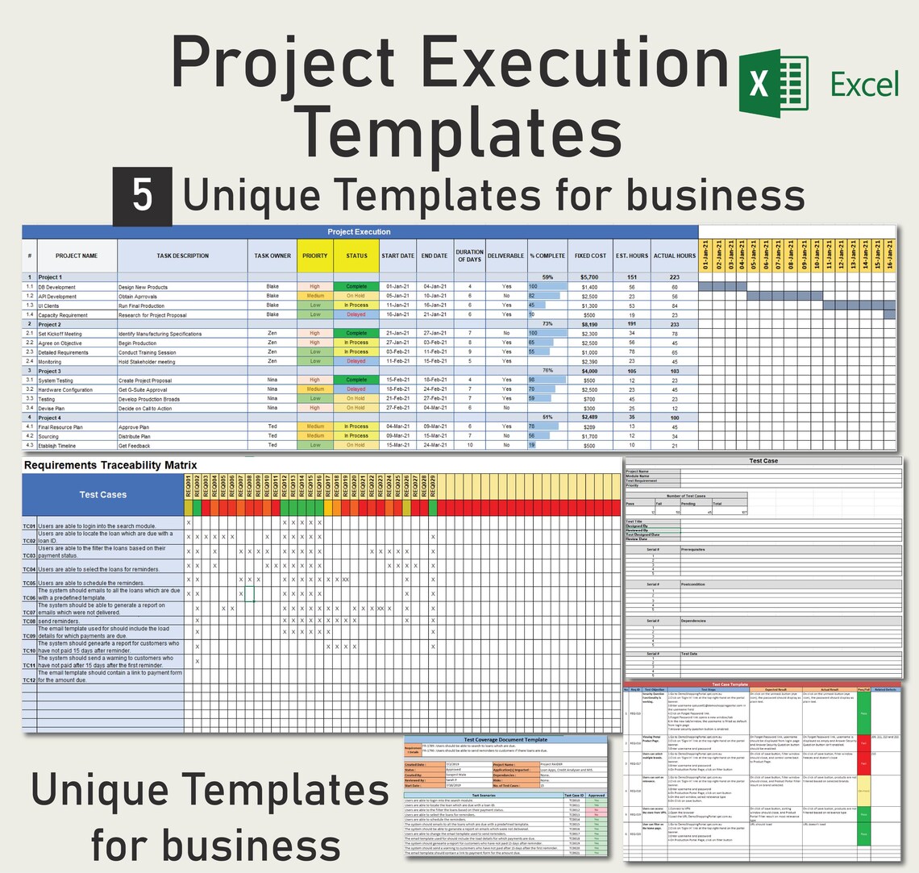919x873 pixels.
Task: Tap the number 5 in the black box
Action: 142,196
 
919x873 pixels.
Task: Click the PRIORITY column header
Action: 315,256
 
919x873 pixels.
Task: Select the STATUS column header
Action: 356,256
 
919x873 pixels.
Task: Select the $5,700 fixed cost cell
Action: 589,277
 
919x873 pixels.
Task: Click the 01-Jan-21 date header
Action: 705,254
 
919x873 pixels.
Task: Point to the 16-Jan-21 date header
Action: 889,254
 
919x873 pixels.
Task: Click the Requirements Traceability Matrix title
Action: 110,465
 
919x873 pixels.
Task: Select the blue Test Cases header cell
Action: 103,494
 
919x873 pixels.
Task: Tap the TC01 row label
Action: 29,526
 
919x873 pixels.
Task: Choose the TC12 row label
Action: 29,680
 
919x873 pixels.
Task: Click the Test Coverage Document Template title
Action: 505,739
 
